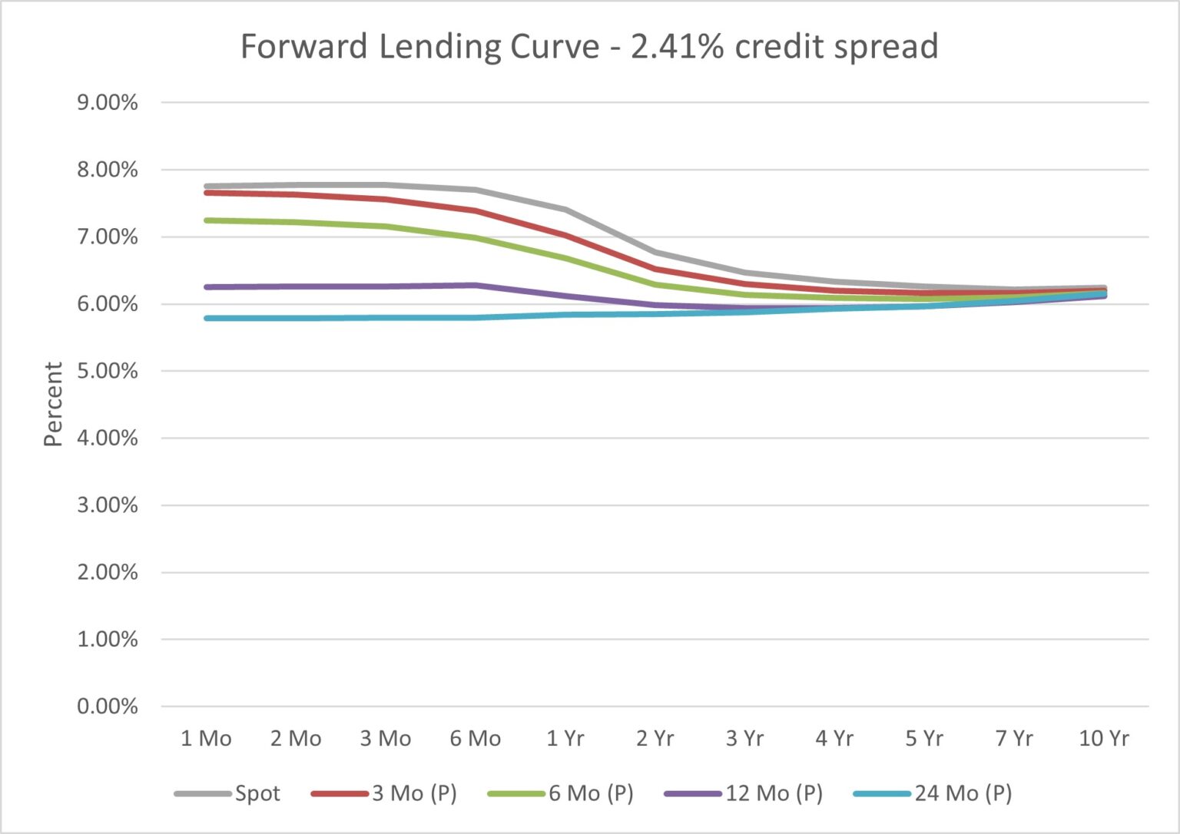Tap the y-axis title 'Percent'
[52, 404]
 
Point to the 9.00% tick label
[108, 103]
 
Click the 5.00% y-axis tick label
[108, 372]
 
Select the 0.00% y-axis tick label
[108, 707]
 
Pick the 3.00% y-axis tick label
[108, 505]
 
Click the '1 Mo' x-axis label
[206, 739]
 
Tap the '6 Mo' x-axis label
[476, 739]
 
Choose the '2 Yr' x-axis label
[655, 739]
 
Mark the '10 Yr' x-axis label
[1104, 739]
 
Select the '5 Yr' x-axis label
[924, 739]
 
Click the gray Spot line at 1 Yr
[565, 209]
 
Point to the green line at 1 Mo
[206, 220]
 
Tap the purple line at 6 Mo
[476, 286]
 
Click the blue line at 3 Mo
[386, 317]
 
